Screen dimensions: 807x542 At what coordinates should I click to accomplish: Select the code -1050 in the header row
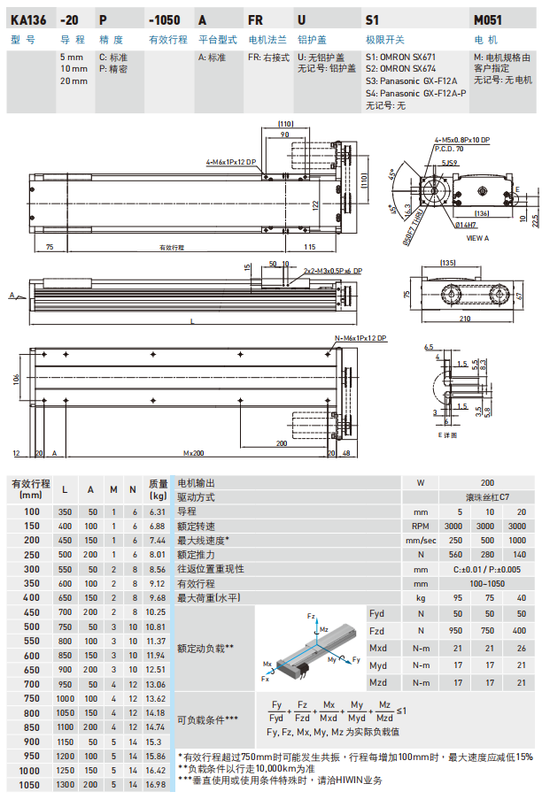pyautogui.click(x=164, y=19)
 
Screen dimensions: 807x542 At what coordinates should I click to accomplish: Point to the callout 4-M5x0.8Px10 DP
pyautogui.click(x=462, y=140)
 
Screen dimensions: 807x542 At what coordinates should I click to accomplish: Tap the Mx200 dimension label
pyautogui.click(x=194, y=452)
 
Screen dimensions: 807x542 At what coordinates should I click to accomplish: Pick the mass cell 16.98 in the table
pyautogui.click(x=156, y=784)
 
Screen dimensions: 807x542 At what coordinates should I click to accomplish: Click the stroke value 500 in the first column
pyautogui.click(x=32, y=626)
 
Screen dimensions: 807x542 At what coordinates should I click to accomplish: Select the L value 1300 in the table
pyautogui.click(x=66, y=784)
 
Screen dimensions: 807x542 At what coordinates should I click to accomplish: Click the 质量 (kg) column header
pyautogui.click(x=157, y=489)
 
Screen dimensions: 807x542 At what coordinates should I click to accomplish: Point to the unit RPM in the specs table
pyautogui.click(x=421, y=526)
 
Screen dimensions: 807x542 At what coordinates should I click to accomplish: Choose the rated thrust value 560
pyautogui.click(x=458, y=554)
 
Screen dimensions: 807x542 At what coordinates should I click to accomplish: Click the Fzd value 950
pyautogui.click(x=458, y=631)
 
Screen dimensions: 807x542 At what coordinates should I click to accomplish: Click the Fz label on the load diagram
pyautogui.click(x=311, y=614)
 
